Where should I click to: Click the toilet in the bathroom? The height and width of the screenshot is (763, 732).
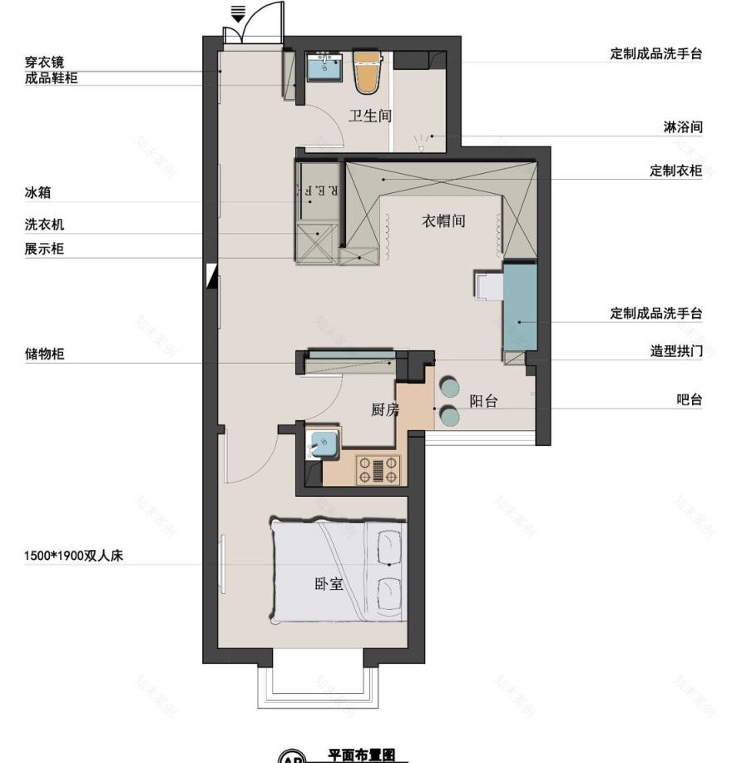[366, 73]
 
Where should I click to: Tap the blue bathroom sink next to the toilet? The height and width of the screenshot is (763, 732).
[324, 66]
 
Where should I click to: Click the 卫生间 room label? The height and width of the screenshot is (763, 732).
[369, 116]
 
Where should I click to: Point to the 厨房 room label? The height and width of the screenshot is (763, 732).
[385, 409]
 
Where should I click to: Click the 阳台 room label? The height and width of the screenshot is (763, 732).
[483, 401]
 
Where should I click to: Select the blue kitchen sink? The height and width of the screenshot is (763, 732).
[323, 445]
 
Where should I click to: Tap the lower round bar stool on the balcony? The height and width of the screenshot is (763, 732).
[450, 415]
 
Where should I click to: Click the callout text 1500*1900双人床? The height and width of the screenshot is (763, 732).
[73, 556]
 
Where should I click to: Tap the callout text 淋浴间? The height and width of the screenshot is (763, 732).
[684, 127]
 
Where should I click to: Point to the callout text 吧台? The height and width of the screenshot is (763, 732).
[690, 399]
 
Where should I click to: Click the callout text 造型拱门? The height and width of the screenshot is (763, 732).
[676, 352]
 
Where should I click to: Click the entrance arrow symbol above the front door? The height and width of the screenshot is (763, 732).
[238, 13]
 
